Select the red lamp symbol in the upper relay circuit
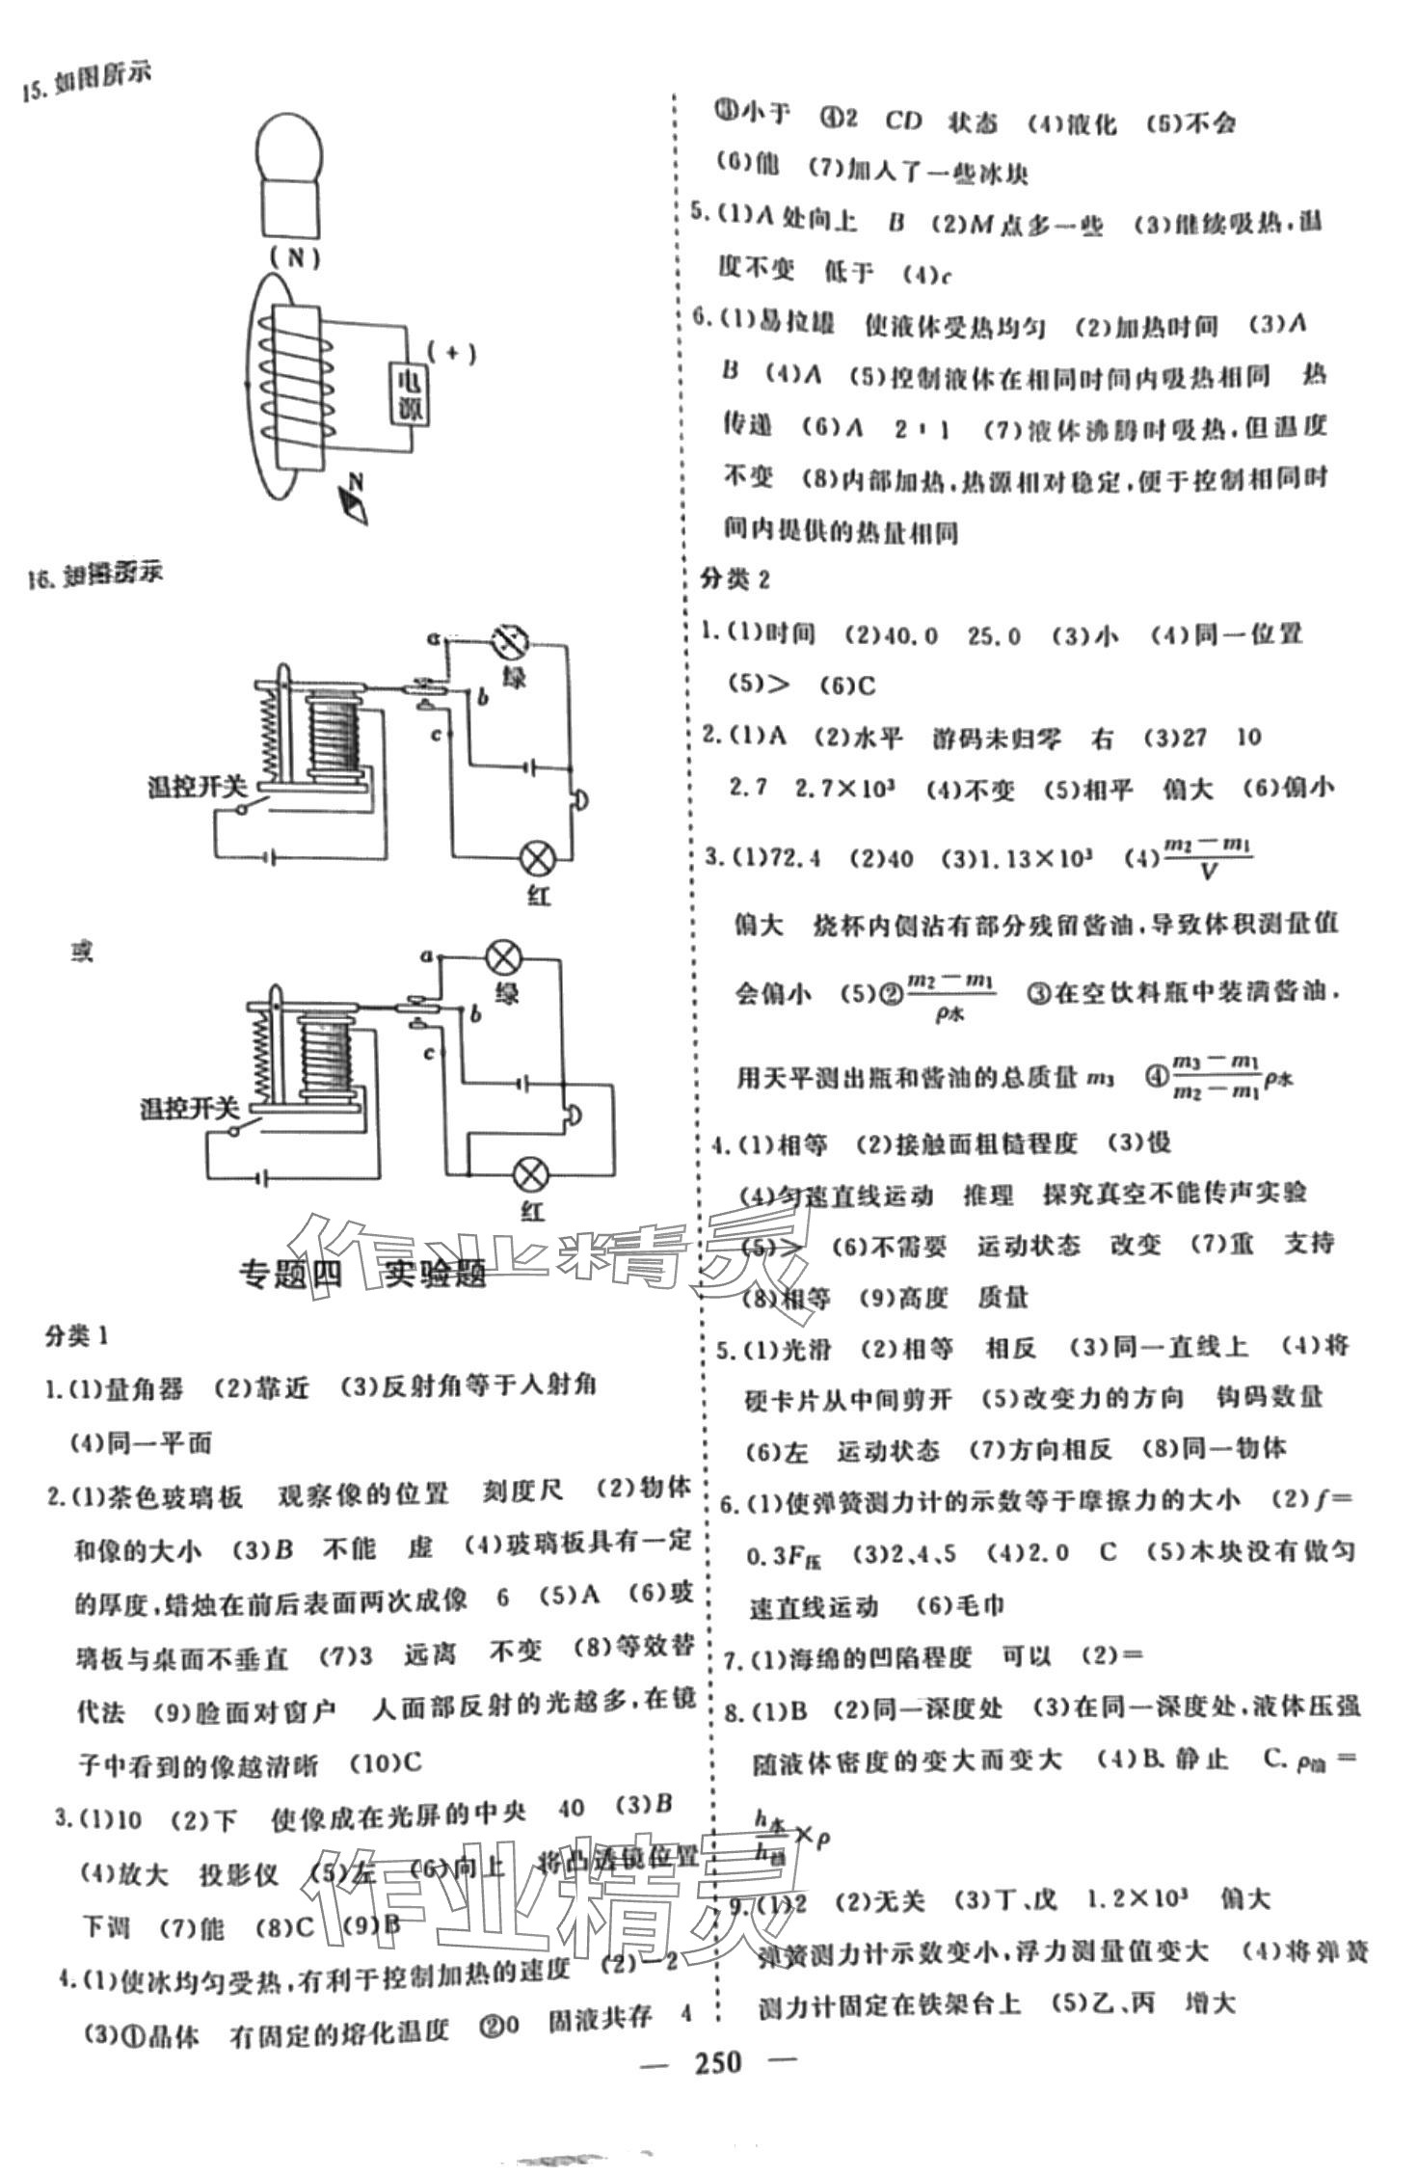click(536, 857)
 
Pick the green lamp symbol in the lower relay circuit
click(502, 958)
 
